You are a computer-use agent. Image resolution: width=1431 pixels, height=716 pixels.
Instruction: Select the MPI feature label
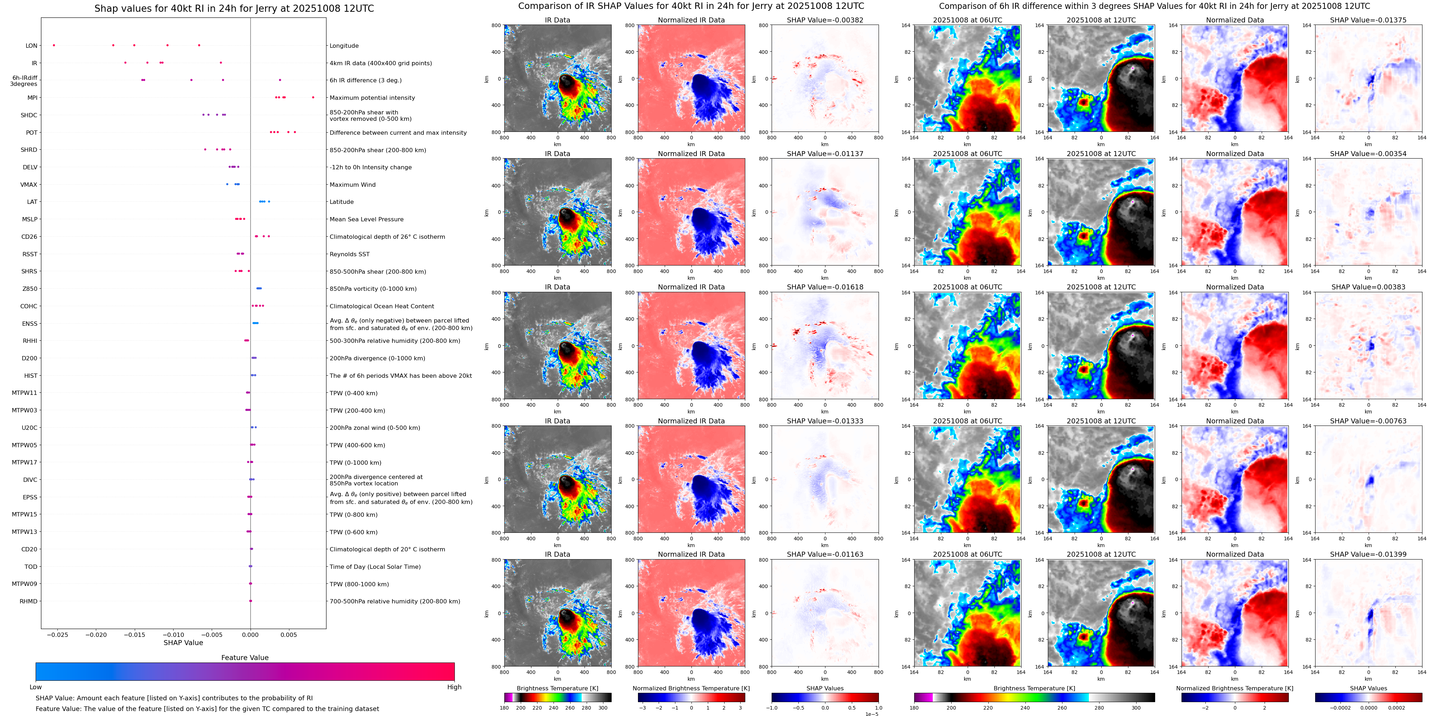click(x=32, y=98)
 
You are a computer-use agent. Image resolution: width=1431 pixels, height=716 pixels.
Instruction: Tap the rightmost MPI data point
click(x=313, y=97)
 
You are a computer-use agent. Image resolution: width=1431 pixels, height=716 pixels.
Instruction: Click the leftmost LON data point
click(x=54, y=45)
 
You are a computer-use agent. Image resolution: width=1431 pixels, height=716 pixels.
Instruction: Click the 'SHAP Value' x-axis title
click(x=183, y=643)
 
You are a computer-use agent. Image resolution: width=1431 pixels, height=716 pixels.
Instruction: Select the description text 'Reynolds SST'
click(x=349, y=254)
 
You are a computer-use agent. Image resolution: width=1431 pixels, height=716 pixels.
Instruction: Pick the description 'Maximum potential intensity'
click(x=372, y=98)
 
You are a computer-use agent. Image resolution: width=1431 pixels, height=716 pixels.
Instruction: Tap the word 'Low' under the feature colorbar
click(x=36, y=687)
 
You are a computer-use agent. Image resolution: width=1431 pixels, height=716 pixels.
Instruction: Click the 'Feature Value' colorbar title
click(x=244, y=658)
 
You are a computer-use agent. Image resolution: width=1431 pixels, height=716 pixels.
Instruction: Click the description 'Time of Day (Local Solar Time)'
click(x=375, y=567)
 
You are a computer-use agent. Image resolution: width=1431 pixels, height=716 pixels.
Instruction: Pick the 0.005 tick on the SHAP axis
click(x=288, y=634)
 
